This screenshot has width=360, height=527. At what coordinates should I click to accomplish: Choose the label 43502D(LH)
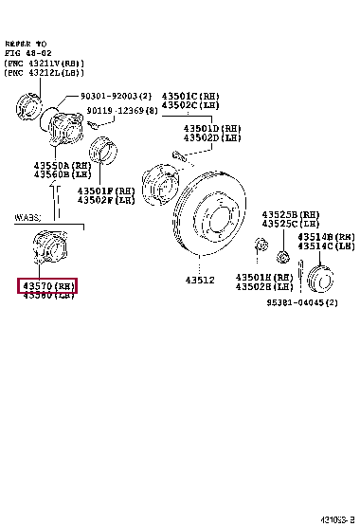tap(212, 138)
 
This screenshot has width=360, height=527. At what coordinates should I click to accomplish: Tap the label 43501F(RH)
tap(106, 190)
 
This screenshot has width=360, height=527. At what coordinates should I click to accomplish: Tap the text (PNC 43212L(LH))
tap(45, 73)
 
